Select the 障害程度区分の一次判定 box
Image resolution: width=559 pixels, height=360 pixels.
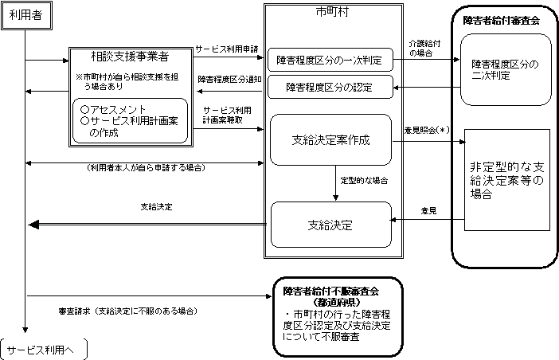click(x=329, y=59)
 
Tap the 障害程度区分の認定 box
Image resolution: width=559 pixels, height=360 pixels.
click(x=329, y=87)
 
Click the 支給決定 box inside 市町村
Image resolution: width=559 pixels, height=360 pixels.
click(x=330, y=225)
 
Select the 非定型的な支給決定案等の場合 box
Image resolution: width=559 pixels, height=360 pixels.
click(x=507, y=181)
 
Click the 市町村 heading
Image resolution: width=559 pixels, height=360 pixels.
click(x=330, y=14)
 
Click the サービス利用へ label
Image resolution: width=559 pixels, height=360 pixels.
click(x=45, y=349)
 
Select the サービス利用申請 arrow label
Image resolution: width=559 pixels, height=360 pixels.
click(x=226, y=49)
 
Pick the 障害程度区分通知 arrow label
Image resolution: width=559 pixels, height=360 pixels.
click(x=226, y=79)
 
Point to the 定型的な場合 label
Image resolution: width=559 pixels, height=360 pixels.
click(x=364, y=181)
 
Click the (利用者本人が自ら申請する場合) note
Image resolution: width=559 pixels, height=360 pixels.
click(x=145, y=168)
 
